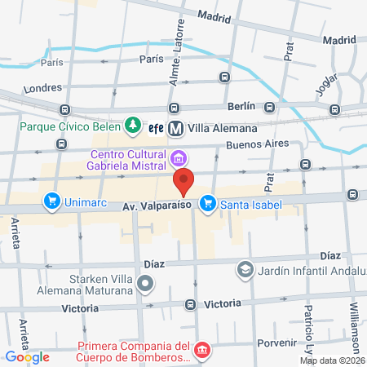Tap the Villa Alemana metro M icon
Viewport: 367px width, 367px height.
(176, 128)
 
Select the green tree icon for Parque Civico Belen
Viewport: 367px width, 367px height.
(131, 126)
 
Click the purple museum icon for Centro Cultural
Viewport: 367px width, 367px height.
(179, 157)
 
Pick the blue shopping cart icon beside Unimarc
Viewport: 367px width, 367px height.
(51, 201)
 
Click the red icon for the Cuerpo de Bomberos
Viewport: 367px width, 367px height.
(202, 351)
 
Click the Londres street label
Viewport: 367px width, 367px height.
(44, 88)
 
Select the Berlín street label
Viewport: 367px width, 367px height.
(242, 106)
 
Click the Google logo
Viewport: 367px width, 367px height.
(27, 356)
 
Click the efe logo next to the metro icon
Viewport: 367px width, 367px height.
(156, 127)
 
